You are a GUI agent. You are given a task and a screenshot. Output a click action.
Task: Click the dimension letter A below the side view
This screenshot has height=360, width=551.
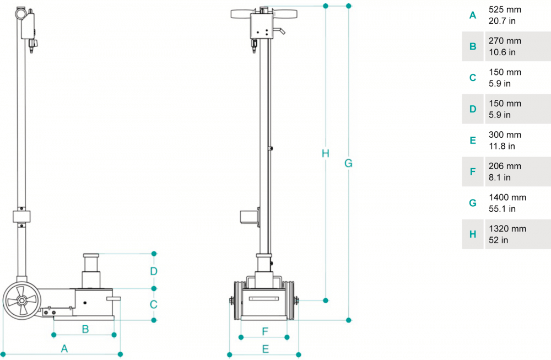[x=64, y=348]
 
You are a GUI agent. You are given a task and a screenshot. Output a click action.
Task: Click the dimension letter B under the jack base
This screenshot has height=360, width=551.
[x=85, y=329]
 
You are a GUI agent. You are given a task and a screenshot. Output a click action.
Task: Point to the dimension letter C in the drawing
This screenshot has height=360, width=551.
[x=154, y=304]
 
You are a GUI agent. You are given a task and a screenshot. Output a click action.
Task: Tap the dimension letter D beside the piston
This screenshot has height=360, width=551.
[x=154, y=271]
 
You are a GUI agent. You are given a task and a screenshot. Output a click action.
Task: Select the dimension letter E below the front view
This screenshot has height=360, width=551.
[x=265, y=348]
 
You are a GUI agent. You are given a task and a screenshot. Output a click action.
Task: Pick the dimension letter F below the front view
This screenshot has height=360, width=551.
[x=265, y=331]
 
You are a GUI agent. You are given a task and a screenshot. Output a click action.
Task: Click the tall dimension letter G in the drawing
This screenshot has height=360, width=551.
[x=348, y=163]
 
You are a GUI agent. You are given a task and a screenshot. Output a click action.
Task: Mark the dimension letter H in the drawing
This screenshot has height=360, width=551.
[x=326, y=153]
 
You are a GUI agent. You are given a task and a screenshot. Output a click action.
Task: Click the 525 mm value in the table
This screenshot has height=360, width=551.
[x=505, y=10]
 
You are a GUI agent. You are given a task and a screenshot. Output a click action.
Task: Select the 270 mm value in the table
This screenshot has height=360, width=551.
[x=505, y=41]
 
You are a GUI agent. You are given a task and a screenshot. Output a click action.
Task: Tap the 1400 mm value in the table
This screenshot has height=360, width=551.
[x=507, y=197]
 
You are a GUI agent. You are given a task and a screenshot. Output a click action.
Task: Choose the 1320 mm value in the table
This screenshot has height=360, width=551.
[x=507, y=229]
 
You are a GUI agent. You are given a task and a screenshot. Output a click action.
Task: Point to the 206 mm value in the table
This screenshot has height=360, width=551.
[x=505, y=166]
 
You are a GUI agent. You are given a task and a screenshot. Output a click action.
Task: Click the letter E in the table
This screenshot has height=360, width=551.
[x=473, y=141]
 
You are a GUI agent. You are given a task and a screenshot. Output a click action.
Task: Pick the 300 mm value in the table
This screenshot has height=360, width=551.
[x=505, y=135]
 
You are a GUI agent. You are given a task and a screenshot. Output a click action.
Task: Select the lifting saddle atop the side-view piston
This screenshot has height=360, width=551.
[x=92, y=255]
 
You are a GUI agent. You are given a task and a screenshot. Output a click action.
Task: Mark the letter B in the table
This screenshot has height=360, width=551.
[x=473, y=46]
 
